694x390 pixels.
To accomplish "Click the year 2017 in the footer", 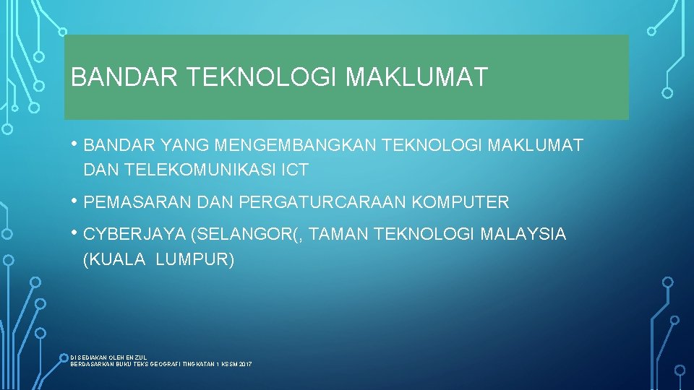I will tap(244, 365).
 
